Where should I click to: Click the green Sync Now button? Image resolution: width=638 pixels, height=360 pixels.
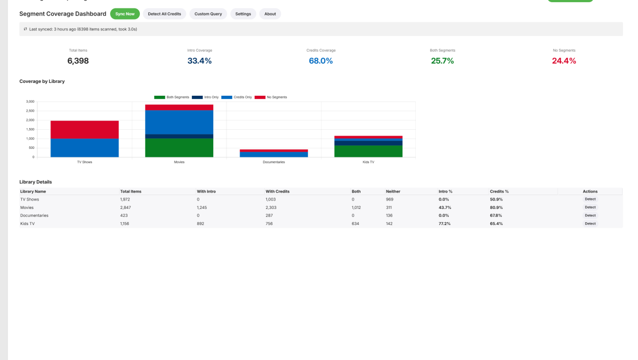coord(125,14)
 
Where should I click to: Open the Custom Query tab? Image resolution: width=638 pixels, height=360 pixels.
coord(208,14)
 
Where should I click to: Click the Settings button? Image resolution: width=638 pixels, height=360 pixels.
coord(243,14)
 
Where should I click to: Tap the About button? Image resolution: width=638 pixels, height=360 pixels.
coord(270,14)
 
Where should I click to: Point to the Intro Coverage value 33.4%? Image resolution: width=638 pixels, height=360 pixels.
coord(199,61)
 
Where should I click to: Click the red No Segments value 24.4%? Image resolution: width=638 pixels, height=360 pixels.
coord(564,61)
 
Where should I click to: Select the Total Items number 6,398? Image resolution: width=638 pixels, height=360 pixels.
coord(78,61)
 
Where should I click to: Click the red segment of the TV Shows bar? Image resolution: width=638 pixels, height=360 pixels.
coord(85,129)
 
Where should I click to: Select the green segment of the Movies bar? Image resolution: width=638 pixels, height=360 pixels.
coord(179,147)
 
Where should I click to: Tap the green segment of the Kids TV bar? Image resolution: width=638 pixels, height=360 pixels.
coord(368,151)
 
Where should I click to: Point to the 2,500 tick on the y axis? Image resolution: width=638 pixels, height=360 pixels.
coord(30,111)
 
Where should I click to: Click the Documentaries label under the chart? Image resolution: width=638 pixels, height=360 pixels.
coord(274,162)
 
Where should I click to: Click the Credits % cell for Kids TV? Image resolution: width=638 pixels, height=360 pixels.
coord(496,224)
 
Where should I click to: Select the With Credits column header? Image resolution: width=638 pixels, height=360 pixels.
coord(278,191)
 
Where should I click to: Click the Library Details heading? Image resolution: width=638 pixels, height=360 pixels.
coord(36,182)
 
